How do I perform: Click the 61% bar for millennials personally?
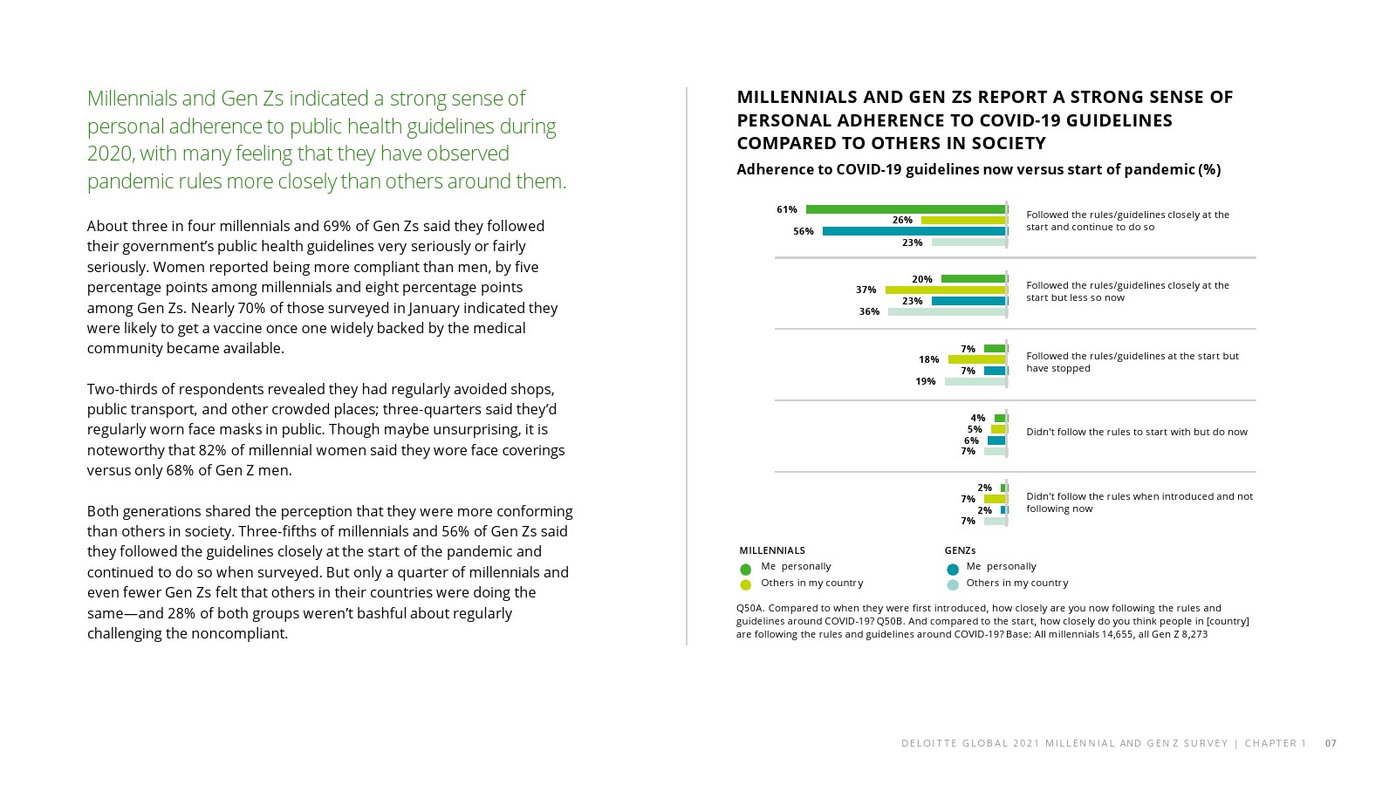coord(906,209)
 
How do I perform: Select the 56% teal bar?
coord(914,231)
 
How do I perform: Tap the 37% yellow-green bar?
coord(945,290)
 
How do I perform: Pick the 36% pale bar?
coord(947,311)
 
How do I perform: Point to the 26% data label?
coord(902,221)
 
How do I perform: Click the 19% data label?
coord(925,382)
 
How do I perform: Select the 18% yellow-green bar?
coord(976,359)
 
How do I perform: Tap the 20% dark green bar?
coord(973,279)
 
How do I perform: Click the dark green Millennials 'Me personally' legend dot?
coord(745,569)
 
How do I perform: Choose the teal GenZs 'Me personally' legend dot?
coord(953,569)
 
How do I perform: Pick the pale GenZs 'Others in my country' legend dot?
coord(953,585)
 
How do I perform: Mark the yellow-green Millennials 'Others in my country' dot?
coord(745,585)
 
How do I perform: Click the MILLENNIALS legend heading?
coord(772,550)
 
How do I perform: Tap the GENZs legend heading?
coord(960,550)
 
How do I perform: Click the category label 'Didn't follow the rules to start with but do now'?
coord(1136,432)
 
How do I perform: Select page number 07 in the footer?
coord(1331,743)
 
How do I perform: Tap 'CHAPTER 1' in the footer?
coord(1276,743)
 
